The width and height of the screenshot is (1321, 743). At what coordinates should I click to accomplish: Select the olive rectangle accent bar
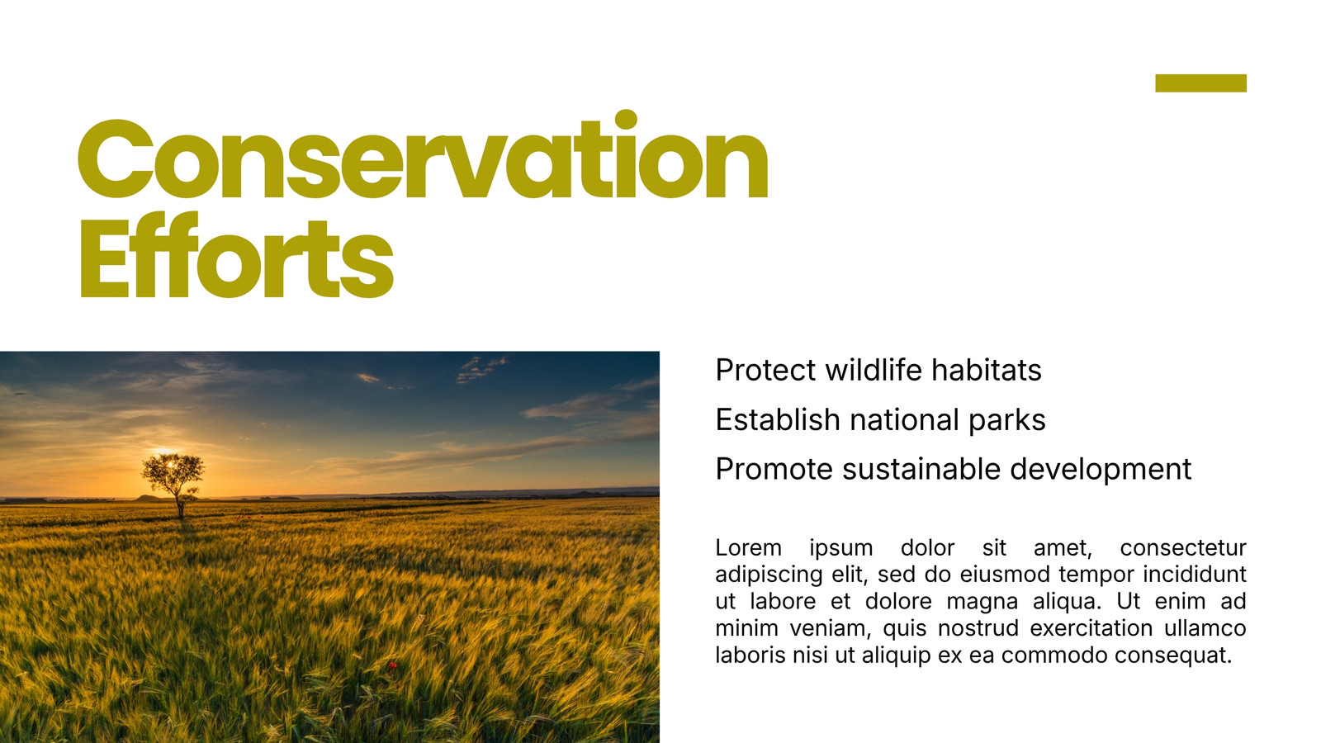pos(1200,83)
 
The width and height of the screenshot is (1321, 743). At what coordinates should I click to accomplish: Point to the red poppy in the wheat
pos(392,665)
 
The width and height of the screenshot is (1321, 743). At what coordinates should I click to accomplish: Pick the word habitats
pos(986,371)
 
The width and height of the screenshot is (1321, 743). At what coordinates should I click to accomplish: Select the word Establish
pos(778,420)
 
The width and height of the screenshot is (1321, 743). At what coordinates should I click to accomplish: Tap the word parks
pos(1007,421)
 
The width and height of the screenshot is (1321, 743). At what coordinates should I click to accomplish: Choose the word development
pos(1101,471)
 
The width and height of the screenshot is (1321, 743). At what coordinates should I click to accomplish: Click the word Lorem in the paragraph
pos(748,548)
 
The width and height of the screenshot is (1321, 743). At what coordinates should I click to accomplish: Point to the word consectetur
pos(1183,548)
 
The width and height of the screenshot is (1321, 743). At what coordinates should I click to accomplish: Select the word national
pos(905,420)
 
